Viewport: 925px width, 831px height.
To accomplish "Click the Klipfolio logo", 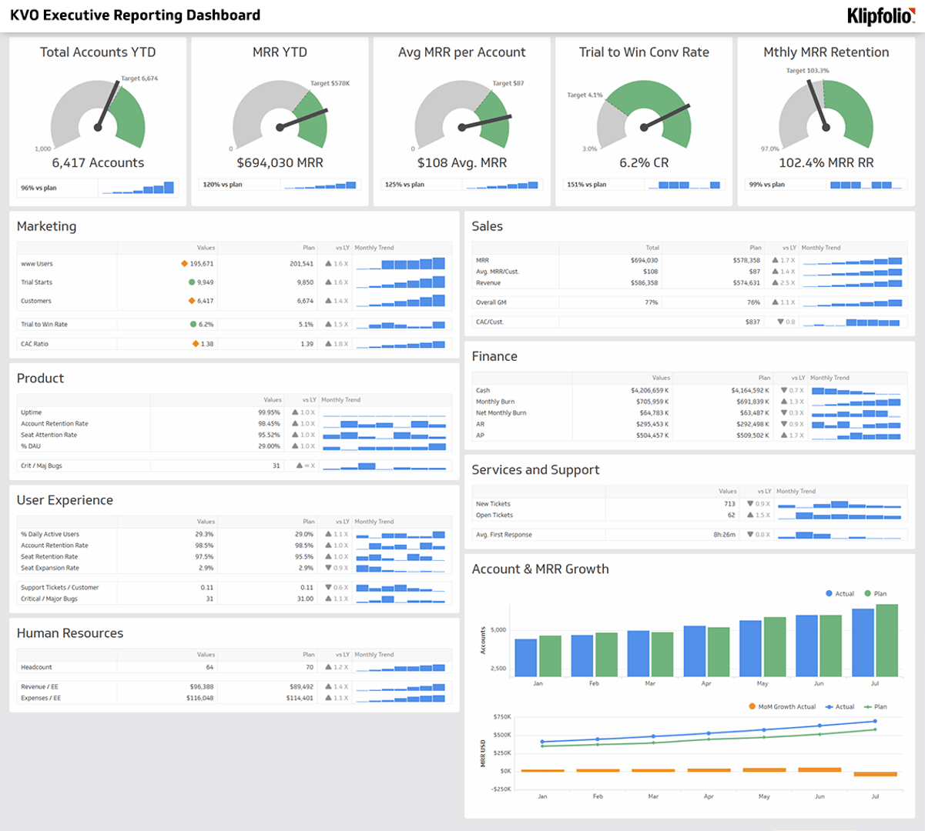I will click(880, 15).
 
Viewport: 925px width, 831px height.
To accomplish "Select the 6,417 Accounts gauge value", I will click(98, 163).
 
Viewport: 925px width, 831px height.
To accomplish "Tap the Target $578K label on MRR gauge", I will click(330, 83).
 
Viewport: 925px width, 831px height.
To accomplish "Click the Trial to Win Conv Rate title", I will click(644, 52).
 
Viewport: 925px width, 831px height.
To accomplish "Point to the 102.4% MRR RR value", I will click(826, 163).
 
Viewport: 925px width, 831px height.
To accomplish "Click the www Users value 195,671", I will click(201, 264).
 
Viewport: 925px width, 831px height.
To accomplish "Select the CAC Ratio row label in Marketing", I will click(35, 344).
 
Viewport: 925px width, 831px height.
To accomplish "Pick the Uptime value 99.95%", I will click(269, 412).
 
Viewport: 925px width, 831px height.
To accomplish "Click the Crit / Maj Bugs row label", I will click(42, 466).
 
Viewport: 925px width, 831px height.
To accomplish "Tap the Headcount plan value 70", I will click(309, 667).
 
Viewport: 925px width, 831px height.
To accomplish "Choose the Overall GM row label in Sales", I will click(491, 302).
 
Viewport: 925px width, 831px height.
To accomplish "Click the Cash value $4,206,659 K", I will click(649, 390).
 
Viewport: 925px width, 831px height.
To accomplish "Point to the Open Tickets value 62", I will click(731, 515).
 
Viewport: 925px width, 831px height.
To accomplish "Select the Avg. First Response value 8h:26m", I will click(724, 535).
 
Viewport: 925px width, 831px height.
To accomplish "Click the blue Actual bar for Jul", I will click(863, 642).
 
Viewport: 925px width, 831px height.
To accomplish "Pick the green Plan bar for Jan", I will click(550, 656).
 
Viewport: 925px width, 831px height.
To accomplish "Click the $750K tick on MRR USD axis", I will click(501, 716).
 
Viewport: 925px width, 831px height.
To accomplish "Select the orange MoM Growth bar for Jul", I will click(875, 774).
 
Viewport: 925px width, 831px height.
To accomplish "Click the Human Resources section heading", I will click(70, 633).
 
